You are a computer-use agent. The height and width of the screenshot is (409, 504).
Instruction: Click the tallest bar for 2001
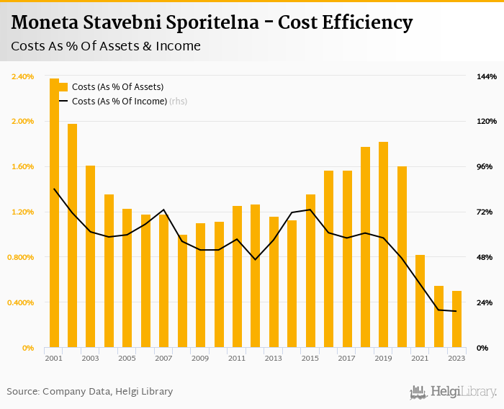click(54, 212)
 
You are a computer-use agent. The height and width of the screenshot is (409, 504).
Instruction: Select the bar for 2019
click(384, 245)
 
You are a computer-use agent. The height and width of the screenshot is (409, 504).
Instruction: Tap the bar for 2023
click(456, 319)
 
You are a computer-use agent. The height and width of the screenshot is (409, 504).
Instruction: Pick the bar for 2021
click(420, 301)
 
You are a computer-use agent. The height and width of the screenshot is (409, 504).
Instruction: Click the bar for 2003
click(91, 256)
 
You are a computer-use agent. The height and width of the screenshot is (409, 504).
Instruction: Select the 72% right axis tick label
click(485, 212)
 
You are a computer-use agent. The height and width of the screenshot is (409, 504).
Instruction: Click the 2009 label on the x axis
click(200, 358)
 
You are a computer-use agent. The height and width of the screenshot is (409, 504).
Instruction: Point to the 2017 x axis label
click(346, 358)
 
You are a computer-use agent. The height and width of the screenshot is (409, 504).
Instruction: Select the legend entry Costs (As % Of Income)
click(119, 102)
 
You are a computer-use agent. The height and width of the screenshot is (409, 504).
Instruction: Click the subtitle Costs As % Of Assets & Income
click(106, 46)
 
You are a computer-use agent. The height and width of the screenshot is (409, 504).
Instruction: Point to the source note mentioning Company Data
click(90, 392)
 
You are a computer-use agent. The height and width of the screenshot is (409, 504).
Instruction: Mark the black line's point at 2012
click(255, 259)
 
